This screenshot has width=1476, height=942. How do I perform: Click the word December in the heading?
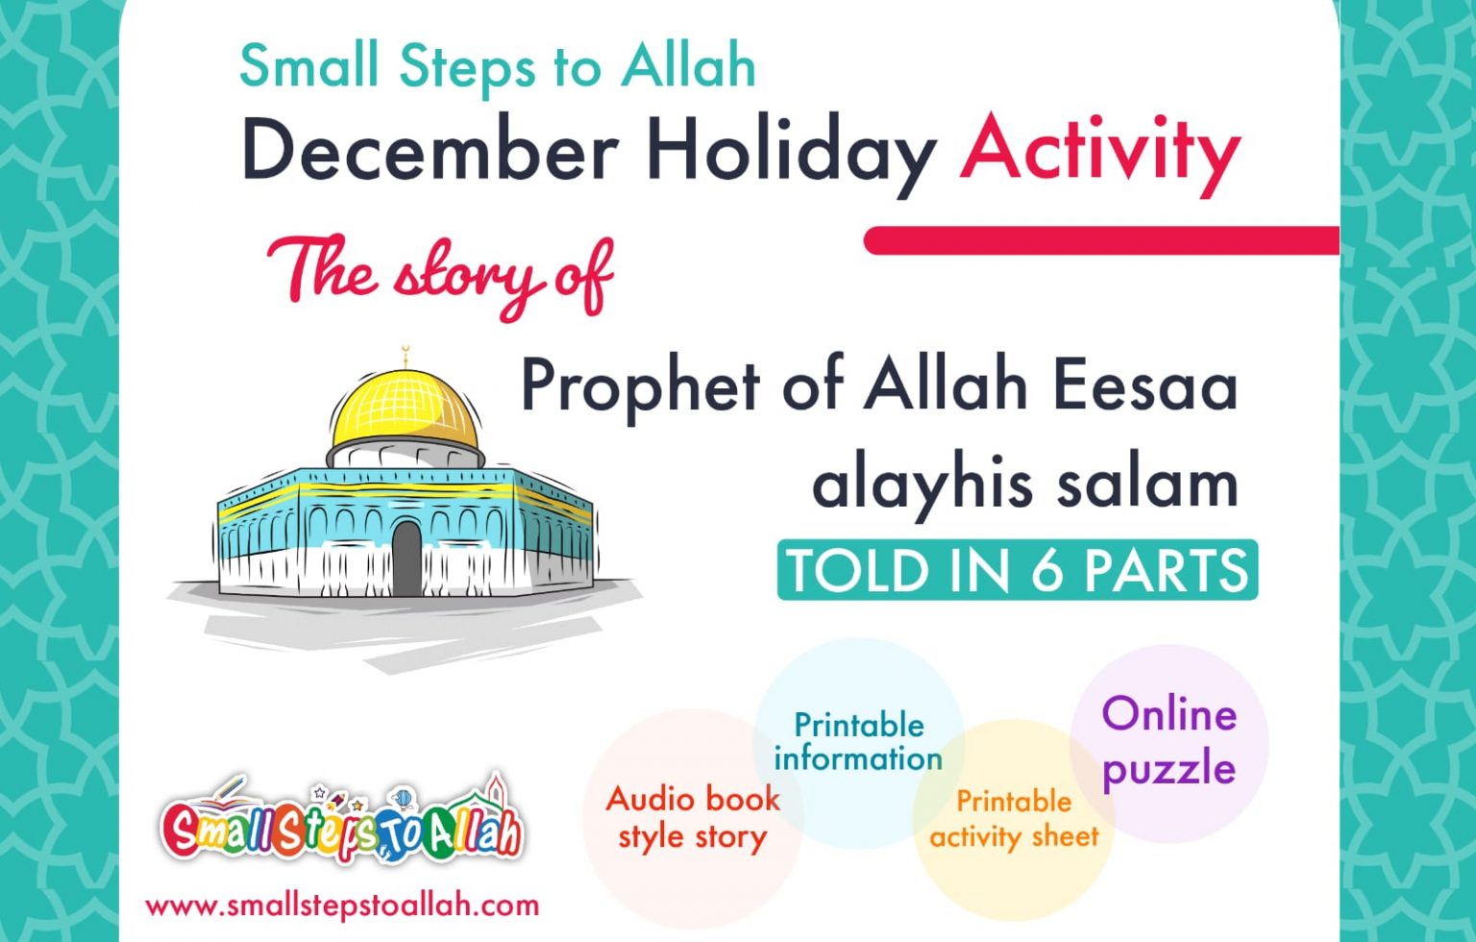[x=430, y=151]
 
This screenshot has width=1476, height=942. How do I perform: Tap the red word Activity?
[x=1099, y=151]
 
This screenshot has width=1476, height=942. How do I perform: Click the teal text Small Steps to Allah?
[x=497, y=67]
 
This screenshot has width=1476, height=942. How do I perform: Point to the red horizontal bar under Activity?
[x=1101, y=240]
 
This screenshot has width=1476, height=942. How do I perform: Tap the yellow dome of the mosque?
[x=405, y=409]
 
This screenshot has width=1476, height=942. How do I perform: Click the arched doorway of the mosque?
[x=406, y=558]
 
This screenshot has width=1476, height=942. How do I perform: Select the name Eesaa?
[x=1144, y=384]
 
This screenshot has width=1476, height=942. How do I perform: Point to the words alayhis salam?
[x=1024, y=483]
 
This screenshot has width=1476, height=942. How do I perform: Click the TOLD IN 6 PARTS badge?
[x=1017, y=570]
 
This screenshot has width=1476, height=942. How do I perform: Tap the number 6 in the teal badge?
[x=1046, y=570]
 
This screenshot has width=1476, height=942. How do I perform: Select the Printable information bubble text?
[x=858, y=741]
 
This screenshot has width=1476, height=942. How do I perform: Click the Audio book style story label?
[x=693, y=817]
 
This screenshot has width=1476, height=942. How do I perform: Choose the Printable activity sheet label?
[x=1014, y=819]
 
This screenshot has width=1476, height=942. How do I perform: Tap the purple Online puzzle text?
[x=1168, y=741]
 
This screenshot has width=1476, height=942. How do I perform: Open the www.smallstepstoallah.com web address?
[x=342, y=905]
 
